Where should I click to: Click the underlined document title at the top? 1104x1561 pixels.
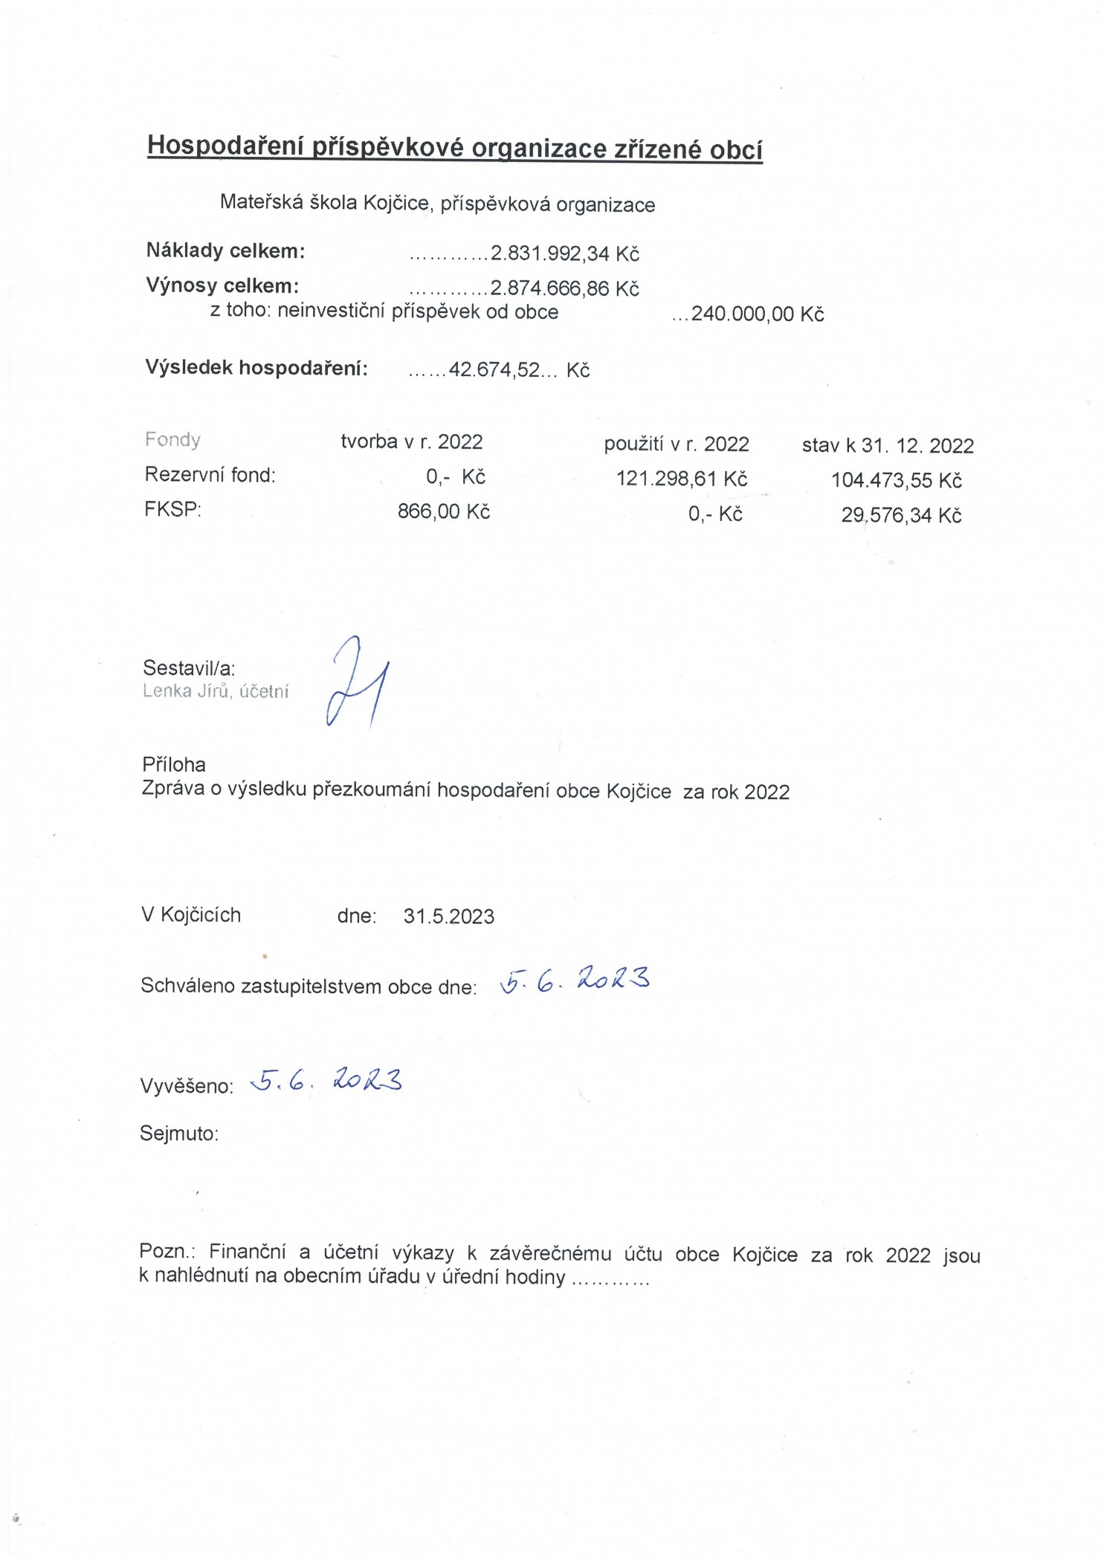tap(455, 147)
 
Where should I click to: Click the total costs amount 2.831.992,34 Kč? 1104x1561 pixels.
tap(564, 253)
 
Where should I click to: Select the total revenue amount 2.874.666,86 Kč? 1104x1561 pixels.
tap(564, 288)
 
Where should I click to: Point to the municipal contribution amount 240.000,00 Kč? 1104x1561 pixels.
tap(757, 314)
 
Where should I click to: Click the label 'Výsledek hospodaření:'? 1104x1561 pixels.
tap(256, 368)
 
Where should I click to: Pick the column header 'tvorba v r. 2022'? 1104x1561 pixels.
tap(412, 442)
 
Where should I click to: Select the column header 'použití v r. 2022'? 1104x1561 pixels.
tap(677, 444)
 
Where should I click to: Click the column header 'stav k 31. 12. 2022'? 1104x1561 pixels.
tap(888, 445)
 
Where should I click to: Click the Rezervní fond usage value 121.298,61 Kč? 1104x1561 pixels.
tap(682, 479)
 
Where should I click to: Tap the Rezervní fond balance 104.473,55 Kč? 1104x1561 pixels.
tap(896, 480)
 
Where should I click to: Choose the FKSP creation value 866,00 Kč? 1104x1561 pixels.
tap(444, 511)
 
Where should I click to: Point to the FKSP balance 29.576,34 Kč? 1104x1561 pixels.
tap(901, 515)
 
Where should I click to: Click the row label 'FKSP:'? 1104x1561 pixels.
tap(172, 509)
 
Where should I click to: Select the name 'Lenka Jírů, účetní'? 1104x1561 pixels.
tap(216, 691)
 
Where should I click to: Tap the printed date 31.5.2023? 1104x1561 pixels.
tap(449, 916)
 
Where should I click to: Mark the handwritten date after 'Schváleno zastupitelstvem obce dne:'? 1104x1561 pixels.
tap(575, 980)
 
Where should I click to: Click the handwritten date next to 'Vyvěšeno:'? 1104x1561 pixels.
tap(326, 1079)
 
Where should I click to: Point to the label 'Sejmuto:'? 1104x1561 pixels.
tap(179, 1133)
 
